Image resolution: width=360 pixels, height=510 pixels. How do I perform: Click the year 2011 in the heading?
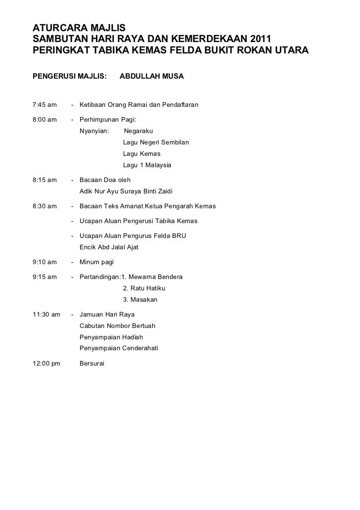point(258,38)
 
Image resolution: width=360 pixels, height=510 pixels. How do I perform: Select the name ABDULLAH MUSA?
point(151,77)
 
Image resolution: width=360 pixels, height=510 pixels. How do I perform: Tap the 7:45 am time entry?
point(45,105)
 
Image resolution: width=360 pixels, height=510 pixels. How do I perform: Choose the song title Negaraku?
point(138,131)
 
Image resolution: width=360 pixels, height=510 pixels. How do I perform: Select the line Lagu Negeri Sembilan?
point(156,142)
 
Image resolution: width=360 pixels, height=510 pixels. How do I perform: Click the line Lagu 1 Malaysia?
point(147,165)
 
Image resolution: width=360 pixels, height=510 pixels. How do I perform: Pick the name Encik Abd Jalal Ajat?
point(109,247)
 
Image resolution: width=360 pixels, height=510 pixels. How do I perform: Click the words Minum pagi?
point(96,262)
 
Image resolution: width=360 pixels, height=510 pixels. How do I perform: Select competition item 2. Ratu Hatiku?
point(144,288)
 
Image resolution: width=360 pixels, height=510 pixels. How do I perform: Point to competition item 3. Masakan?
point(140,300)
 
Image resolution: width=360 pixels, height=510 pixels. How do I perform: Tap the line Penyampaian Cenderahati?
point(119,348)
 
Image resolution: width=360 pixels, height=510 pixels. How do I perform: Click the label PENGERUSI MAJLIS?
point(69,77)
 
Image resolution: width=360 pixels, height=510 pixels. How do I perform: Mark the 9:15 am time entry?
point(45,277)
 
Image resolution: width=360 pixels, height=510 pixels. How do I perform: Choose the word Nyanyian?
point(95,131)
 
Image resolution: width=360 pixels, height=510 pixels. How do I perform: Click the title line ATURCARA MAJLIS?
point(79,26)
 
